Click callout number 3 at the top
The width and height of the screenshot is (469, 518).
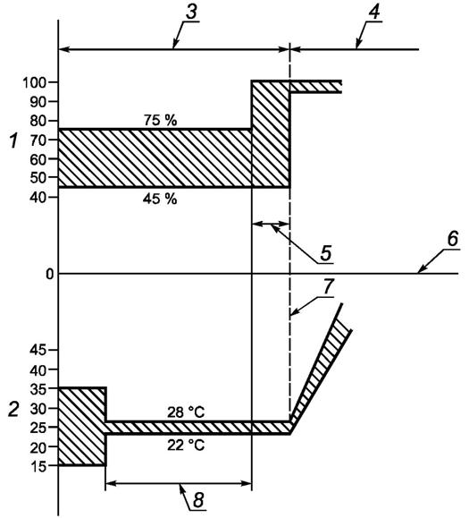point(192,12)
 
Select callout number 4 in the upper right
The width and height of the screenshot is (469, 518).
point(374,12)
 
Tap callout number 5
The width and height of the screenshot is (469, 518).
point(325,253)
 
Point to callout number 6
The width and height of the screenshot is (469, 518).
point(453,239)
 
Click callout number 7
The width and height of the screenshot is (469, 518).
point(329,286)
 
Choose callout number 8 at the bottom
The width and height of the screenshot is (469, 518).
point(198,500)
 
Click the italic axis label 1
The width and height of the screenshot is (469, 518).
point(13,140)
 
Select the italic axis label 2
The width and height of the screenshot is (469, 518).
point(13,409)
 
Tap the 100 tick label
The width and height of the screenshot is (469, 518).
point(34,82)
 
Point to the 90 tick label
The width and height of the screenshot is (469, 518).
point(38,102)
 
